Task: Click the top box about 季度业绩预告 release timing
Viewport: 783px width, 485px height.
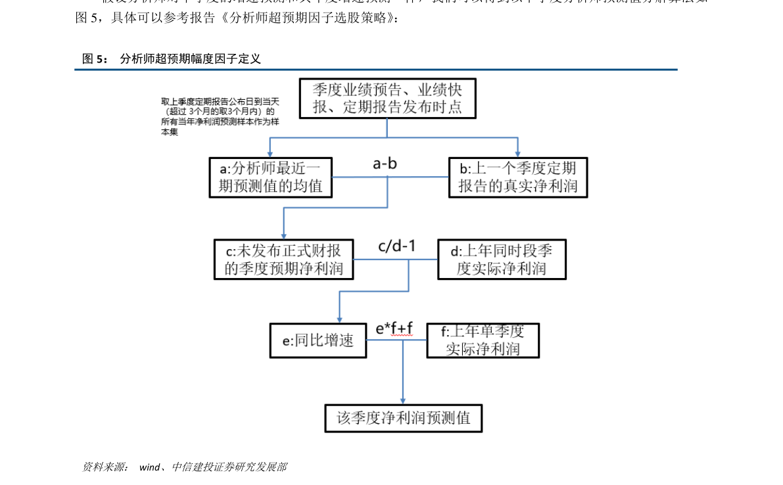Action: tap(387, 99)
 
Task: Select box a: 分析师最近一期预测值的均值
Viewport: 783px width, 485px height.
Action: tap(271, 177)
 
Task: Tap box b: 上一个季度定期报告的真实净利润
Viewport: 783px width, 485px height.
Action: tap(517, 177)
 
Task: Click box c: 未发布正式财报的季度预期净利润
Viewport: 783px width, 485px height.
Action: tap(283, 260)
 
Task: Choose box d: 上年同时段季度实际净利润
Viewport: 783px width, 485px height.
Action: tap(502, 260)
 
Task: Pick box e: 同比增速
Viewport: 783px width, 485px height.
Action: tap(318, 340)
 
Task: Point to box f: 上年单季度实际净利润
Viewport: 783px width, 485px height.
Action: tap(483, 340)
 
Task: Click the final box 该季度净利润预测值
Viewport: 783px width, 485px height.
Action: tap(403, 418)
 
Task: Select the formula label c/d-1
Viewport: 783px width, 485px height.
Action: tap(396, 246)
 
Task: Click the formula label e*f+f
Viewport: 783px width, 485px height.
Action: tap(394, 327)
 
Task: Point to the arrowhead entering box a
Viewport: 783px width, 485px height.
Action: tap(271, 153)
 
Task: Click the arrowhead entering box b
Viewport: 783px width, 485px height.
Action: tap(518, 153)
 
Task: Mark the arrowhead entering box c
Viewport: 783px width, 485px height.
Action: tap(283, 235)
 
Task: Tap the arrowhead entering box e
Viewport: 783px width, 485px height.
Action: tap(339, 318)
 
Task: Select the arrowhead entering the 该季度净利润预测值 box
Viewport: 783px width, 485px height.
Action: tap(403, 400)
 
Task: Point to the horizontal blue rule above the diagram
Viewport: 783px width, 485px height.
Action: tap(375, 69)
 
